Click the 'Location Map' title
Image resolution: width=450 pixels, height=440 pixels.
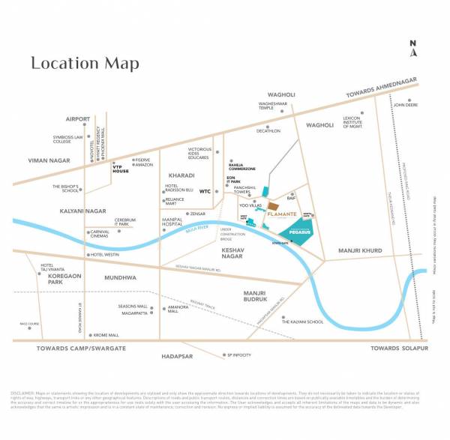(x=85, y=63)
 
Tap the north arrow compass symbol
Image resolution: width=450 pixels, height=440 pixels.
(x=412, y=48)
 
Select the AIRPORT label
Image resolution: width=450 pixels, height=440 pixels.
(x=78, y=118)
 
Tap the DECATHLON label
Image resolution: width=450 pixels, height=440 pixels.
(x=268, y=130)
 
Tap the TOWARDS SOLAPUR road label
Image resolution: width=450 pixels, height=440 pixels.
(x=399, y=349)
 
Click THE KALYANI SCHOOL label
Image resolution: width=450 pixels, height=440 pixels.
(x=302, y=321)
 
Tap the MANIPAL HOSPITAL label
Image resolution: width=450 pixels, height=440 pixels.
(x=175, y=222)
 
